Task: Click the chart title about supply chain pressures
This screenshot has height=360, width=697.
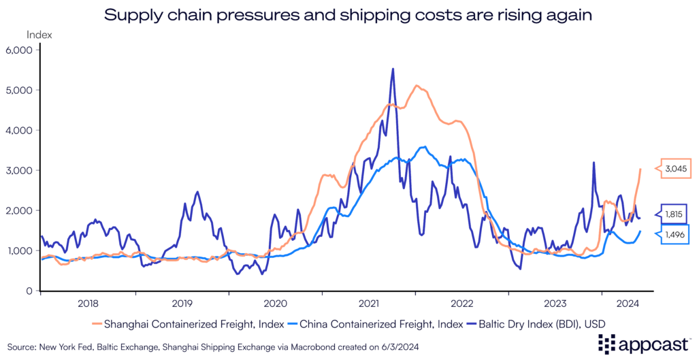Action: tap(348, 14)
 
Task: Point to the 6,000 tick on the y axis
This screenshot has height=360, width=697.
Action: tap(22, 50)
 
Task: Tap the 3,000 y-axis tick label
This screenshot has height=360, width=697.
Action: tap(22, 170)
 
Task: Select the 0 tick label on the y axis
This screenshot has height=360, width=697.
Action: tap(30, 291)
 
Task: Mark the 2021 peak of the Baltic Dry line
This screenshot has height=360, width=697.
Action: tap(393, 69)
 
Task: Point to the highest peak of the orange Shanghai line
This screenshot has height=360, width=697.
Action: tap(417, 86)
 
